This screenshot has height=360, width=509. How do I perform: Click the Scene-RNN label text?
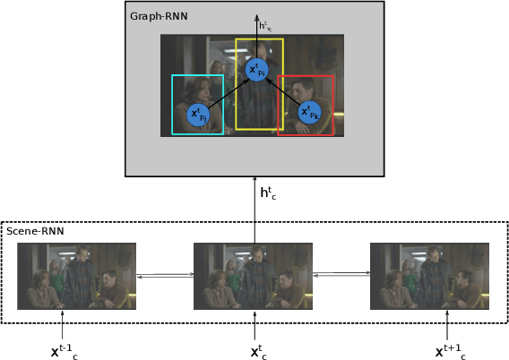click(35, 232)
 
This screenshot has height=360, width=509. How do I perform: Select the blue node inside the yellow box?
click(257, 70)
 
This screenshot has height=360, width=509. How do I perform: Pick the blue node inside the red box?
click(307, 113)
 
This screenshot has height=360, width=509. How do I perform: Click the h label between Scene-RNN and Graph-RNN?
click(267, 192)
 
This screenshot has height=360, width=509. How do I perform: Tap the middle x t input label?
click(258, 351)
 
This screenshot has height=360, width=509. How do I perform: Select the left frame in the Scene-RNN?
click(76, 276)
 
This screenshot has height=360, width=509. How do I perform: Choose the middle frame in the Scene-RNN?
click(254, 276)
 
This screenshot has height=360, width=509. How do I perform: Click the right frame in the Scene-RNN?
click(429, 276)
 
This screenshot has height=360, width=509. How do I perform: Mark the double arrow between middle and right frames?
click(341, 275)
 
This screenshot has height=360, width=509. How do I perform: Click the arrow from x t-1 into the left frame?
click(62, 323)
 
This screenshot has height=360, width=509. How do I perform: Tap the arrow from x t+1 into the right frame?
click(446, 323)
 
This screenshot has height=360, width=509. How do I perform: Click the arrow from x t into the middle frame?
click(254, 323)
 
